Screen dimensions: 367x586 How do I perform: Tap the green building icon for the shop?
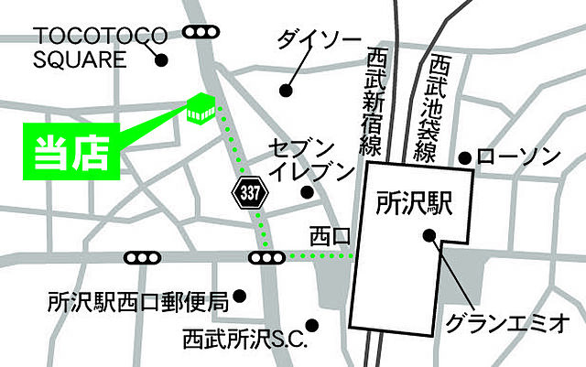(x=201, y=109)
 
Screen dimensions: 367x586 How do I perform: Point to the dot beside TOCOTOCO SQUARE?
(x=161, y=62)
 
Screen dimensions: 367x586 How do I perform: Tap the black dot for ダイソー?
(x=286, y=90)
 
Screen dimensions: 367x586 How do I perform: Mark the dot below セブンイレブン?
(x=307, y=192)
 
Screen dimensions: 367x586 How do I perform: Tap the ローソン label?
(x=517, y=157)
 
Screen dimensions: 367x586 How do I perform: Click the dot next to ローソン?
(x=466, y=158)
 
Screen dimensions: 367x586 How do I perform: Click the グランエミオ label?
(x=507, y=323)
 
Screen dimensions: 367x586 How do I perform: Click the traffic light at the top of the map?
(x=201, y=33)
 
